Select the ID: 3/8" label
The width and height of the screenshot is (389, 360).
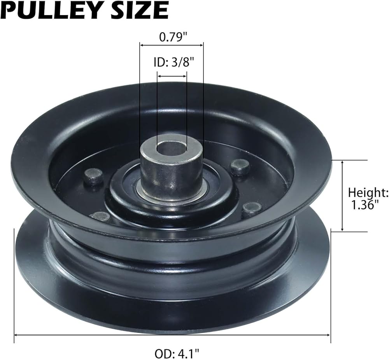(x=173, y=63)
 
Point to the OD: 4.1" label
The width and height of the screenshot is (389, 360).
(x=177, y=353)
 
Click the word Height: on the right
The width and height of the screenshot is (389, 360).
(x=368, y=193)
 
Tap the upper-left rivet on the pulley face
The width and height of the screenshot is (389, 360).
(x=93, y=176)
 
